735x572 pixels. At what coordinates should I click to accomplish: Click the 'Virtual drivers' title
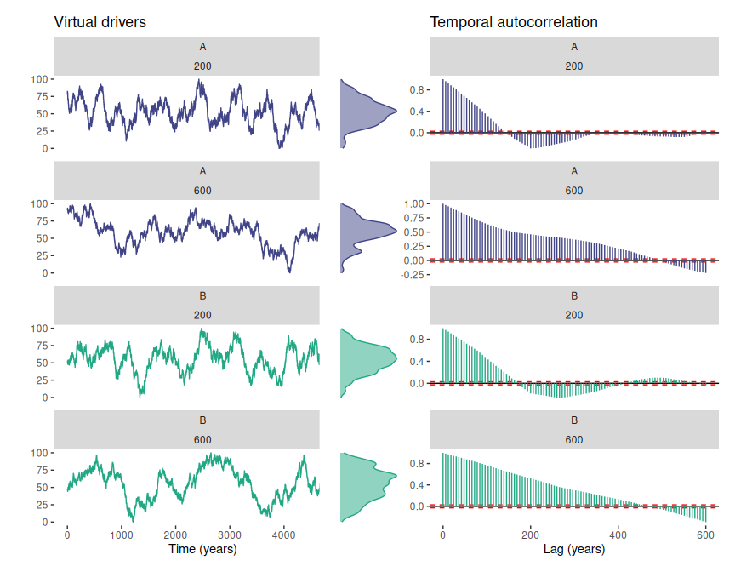[100, 22]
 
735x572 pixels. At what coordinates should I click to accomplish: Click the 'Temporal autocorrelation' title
[514, 22]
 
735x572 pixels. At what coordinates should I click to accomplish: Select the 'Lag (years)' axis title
[574, 550]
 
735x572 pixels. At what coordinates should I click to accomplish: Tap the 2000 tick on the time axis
[176, 534]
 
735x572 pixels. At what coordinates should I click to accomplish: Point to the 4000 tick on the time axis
[284, 534]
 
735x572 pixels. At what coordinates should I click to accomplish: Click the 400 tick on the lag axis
[618, 534]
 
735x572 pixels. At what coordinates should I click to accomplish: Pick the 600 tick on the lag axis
[705, 534]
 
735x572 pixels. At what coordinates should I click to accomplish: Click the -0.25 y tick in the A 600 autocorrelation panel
[414, 274]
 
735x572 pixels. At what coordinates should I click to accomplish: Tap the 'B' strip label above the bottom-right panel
[574, 420]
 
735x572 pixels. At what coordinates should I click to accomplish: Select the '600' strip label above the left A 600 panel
[187, 191]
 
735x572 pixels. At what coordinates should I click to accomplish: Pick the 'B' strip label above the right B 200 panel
[574, 296]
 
